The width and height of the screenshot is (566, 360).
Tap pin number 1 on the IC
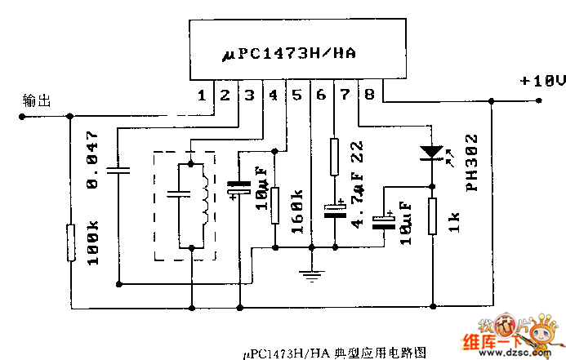point(202,96)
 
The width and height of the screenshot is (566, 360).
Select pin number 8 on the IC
point(370,96)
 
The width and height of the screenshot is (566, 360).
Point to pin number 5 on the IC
point(296,96)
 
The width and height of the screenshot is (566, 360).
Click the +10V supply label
point(542,81)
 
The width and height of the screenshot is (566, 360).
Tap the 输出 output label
point(38,101)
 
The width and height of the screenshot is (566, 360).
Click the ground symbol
point(311,274)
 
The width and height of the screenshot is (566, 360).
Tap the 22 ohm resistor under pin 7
point(334,156)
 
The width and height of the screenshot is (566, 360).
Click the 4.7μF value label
point(356,198)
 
